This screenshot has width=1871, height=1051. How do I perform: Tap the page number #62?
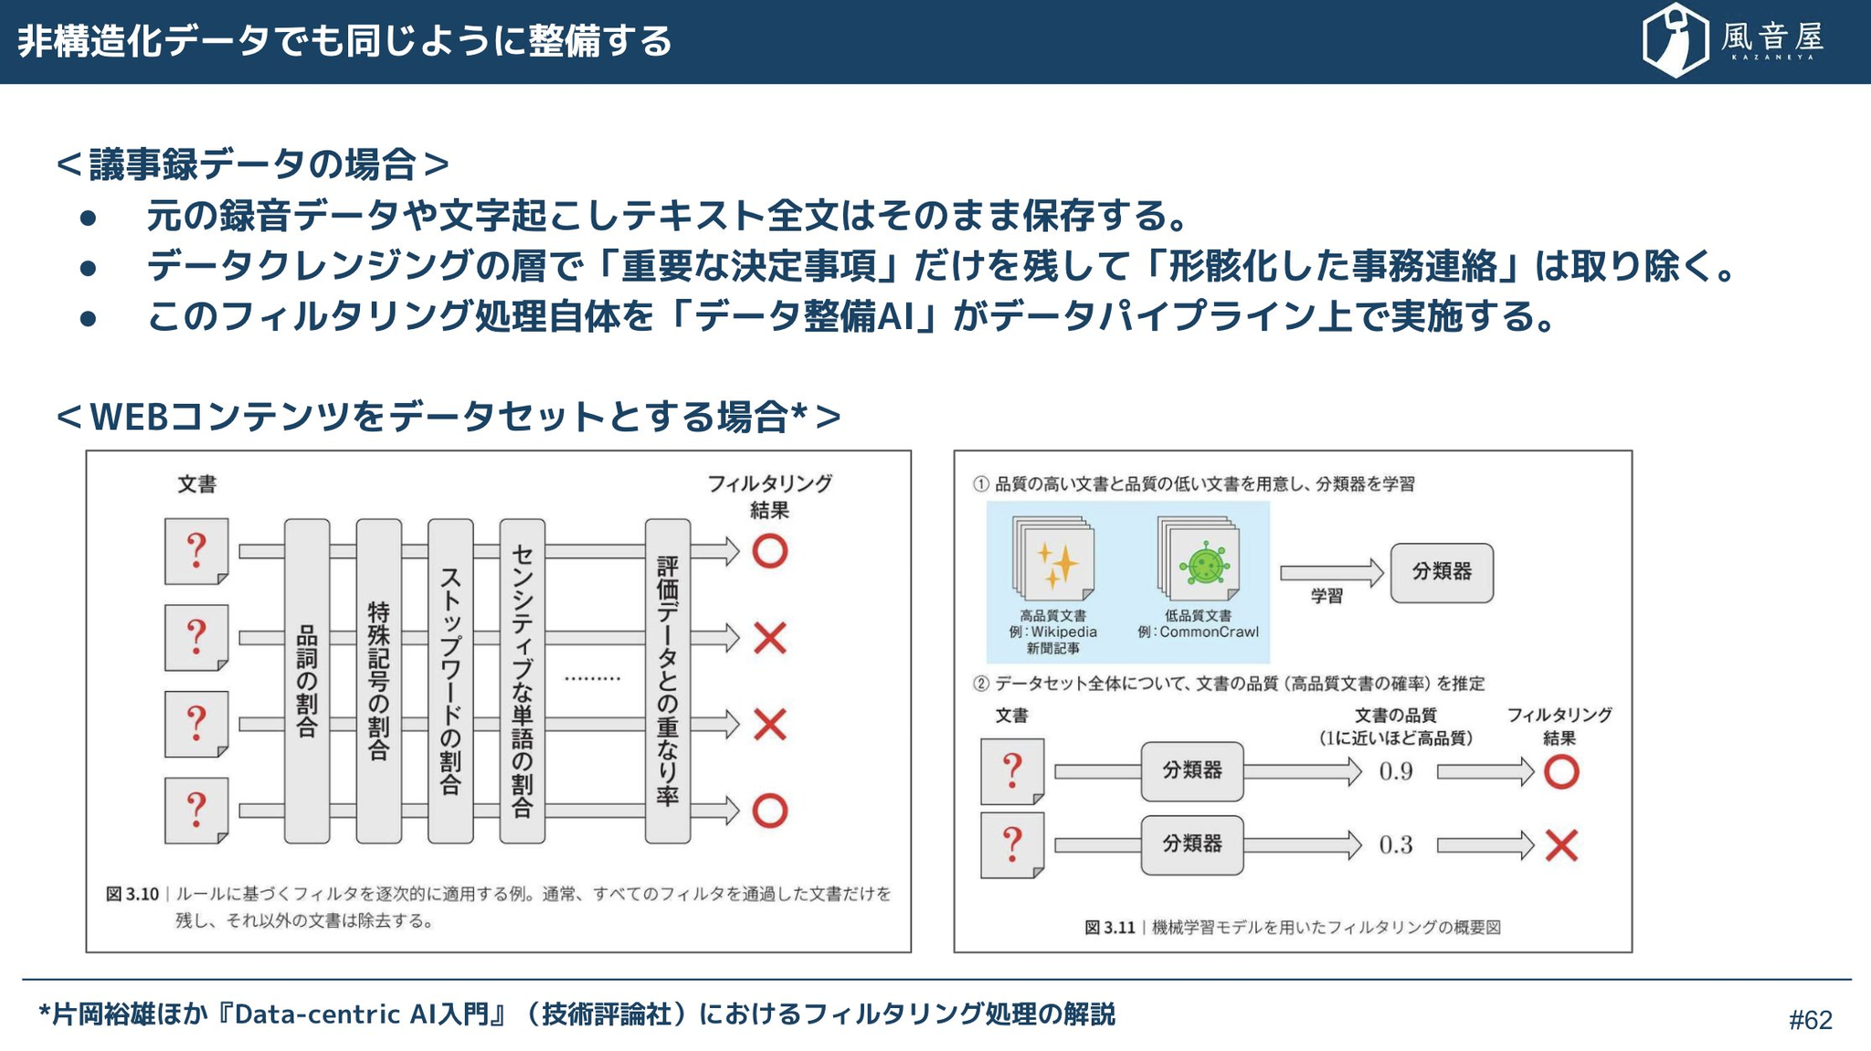tap(1810, 1020)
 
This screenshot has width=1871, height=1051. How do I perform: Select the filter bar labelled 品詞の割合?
tap(307, 681)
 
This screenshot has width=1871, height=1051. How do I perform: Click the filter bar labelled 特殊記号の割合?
tap(378, 681)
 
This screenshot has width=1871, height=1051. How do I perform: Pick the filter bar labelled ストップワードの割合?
tap(450, 681)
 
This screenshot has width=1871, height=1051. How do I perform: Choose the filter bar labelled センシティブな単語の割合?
tap(522, 681)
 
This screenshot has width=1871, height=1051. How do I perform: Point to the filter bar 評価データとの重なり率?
tap(668, 681)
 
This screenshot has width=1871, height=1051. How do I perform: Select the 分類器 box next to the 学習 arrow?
tap(1442, 572)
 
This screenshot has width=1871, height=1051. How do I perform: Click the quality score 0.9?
tap(1396, 772)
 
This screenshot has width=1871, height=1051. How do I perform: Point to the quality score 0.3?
tap(1396, 845)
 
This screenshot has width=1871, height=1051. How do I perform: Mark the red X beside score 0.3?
tap(1561, 845)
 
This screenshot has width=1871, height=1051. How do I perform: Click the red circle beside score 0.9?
tap(1561, 772)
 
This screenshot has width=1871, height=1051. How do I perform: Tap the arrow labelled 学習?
tap(1331, 573)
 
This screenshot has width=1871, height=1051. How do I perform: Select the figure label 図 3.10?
tap(132, 894)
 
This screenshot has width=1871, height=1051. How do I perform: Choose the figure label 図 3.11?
tap(1109, 928)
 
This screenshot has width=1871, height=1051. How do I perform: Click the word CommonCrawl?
tap(1209, 632)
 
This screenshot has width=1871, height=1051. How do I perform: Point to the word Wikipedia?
tap(1063, 632)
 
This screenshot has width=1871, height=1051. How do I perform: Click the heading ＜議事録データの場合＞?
tap(253, 165)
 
